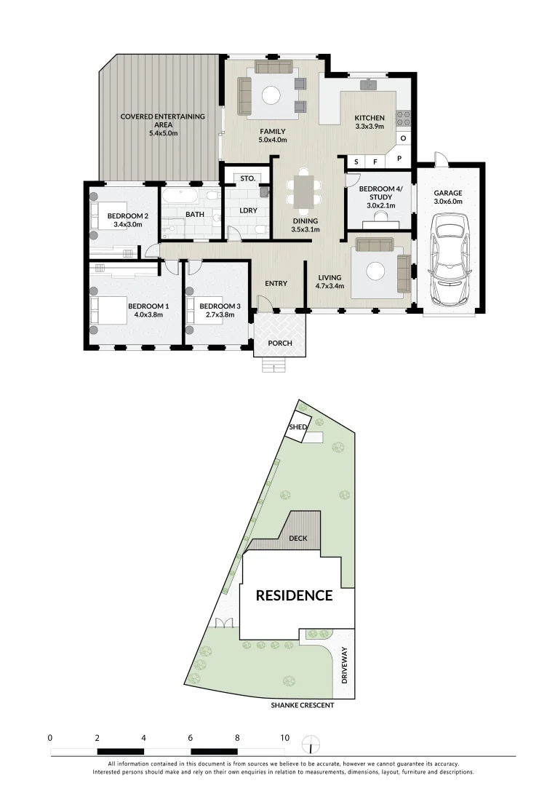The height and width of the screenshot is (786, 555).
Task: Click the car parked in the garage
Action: (449, 260)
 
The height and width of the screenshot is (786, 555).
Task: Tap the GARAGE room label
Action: (449, 193)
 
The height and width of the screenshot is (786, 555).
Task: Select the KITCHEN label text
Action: (369, 118)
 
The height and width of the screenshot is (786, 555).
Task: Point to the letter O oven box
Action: (403, 138)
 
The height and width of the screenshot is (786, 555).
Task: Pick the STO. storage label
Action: (247, 178)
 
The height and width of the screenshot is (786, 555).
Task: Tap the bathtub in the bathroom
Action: (179, 196)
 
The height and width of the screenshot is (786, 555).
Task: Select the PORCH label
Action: (279, 343)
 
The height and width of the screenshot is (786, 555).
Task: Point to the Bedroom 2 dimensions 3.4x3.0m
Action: (128, 225)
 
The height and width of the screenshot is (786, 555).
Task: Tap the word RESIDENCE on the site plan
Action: (294, 595)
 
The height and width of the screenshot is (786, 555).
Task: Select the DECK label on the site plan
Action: (298, 539)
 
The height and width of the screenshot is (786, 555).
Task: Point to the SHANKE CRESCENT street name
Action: (302, 705)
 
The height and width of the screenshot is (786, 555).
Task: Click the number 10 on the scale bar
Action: (284, 738)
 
